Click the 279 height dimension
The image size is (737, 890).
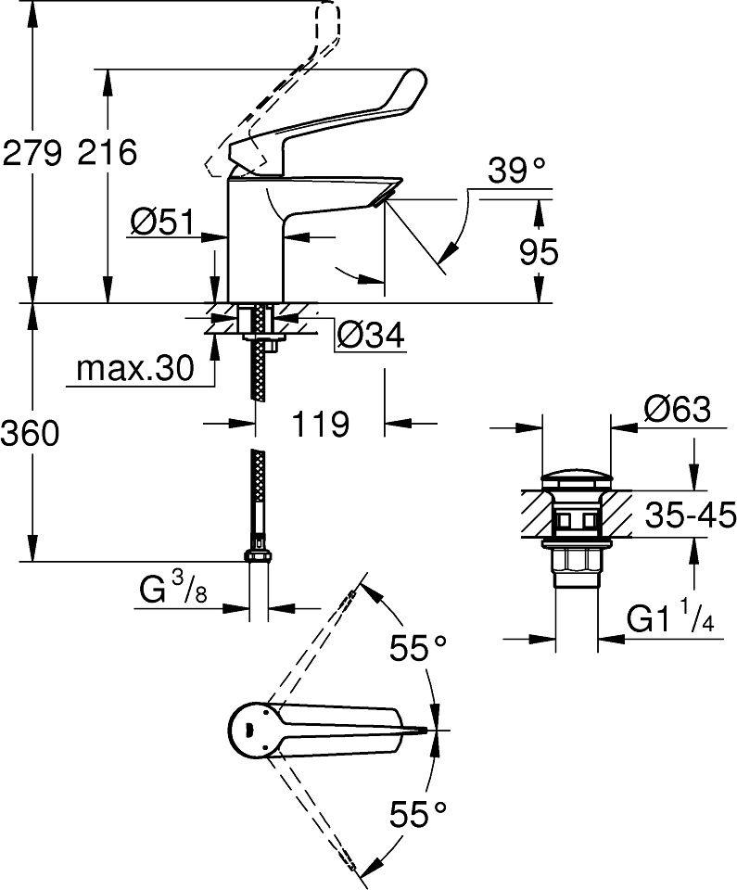tap(32, 152)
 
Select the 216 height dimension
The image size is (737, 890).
tap(107, 152)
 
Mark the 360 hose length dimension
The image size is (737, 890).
tap(32, 432)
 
